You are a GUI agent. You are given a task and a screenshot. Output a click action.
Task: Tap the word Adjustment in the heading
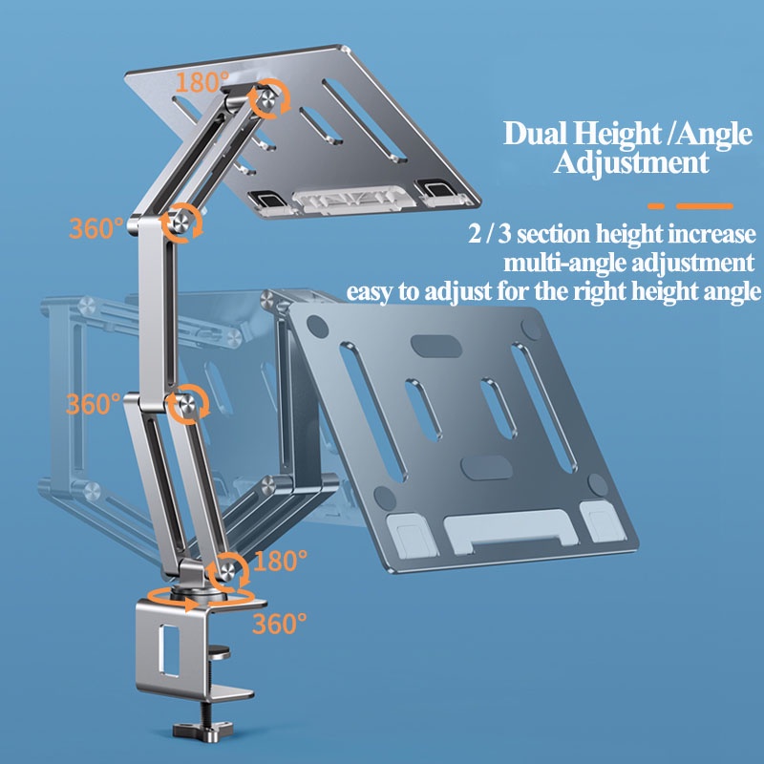pos(631,161)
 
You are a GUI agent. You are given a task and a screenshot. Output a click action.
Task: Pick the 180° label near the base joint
pos(282,557)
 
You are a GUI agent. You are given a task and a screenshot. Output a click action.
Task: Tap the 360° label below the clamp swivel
pos(279,624)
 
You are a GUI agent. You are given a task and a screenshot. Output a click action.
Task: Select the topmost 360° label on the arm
pos(95,228)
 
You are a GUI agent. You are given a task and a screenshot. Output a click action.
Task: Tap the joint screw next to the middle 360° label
pos(186,403)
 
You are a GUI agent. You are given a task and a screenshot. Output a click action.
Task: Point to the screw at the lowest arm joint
pos(229,568)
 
